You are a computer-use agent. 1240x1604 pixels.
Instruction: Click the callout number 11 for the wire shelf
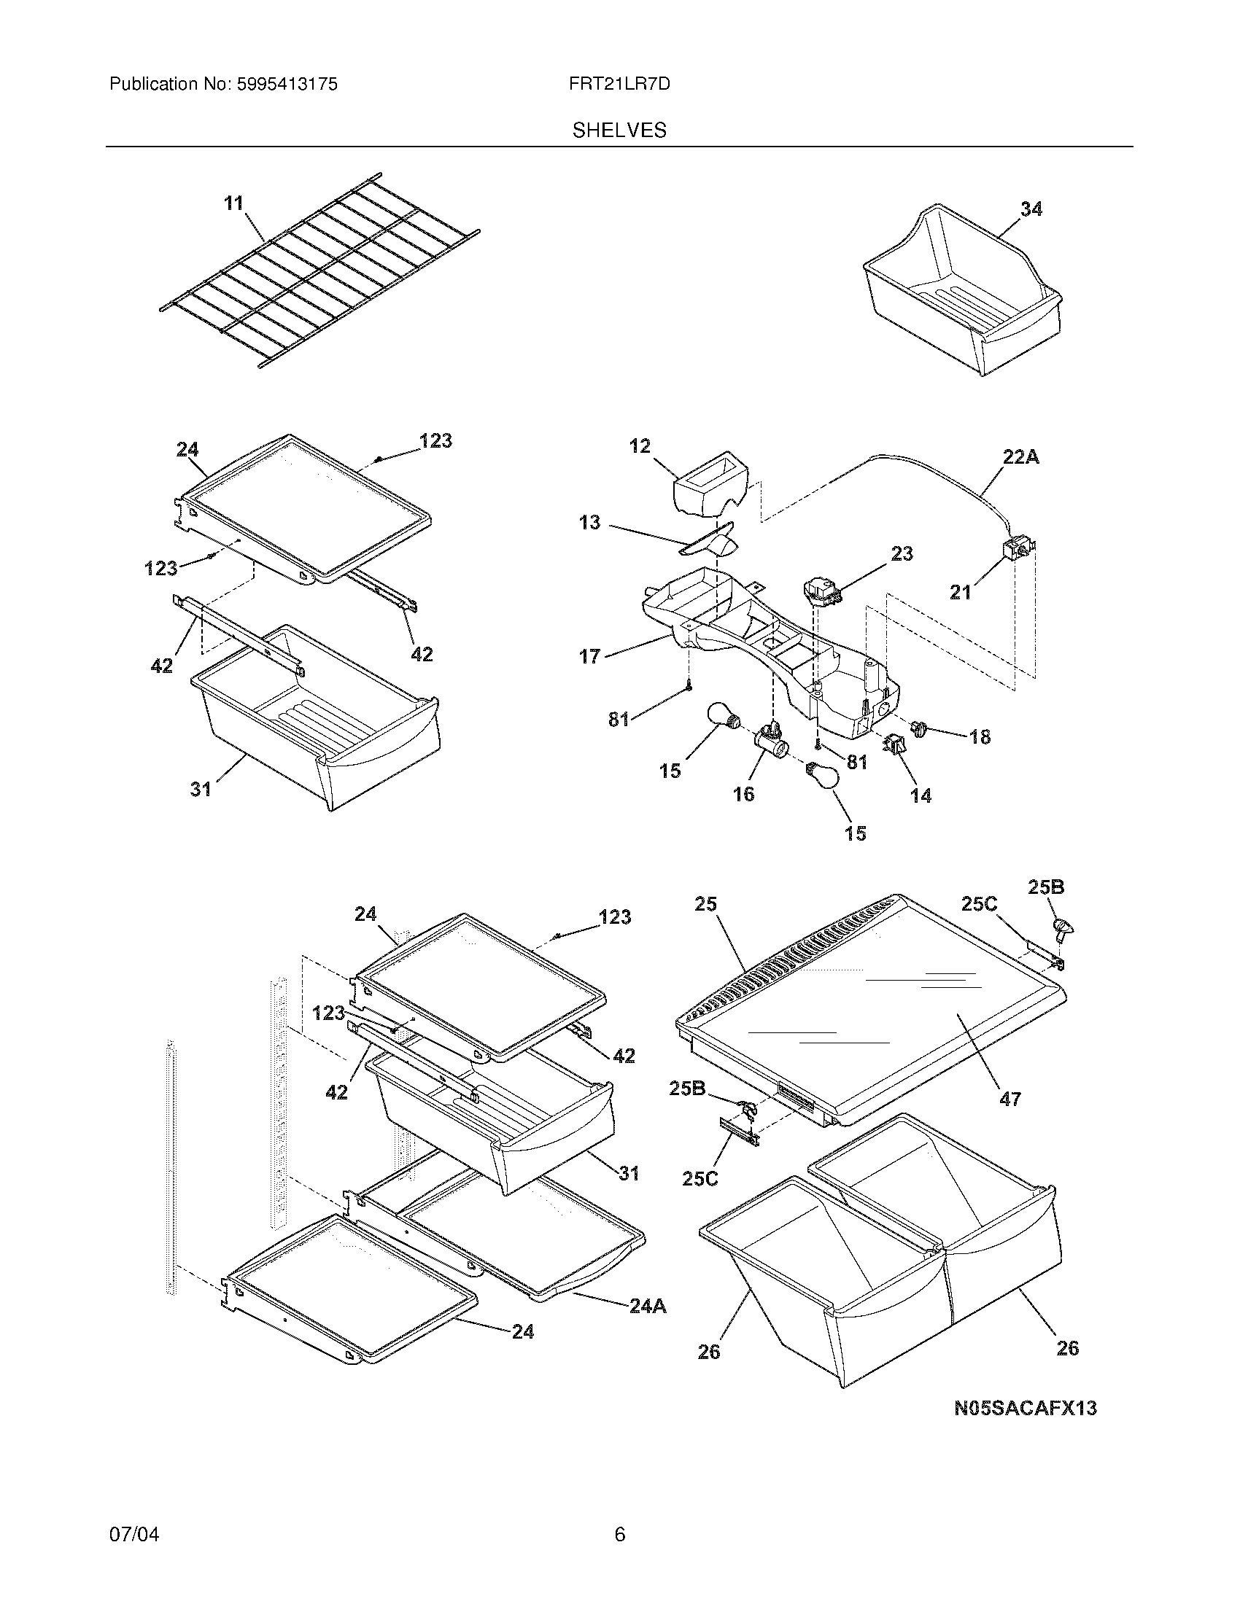point(233,203)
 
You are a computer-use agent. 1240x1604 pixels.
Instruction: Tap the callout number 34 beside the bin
point(1031,209)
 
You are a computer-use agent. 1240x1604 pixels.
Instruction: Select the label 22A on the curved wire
point(1020,457)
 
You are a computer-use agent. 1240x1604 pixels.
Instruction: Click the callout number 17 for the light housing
point(589,656)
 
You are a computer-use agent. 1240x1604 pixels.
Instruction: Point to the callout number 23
point(902,553)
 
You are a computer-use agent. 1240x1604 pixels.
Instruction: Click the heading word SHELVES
point(619,130)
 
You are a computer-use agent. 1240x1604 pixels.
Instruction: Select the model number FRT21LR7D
point(619,85)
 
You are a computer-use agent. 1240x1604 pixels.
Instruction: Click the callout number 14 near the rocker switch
point(921,795)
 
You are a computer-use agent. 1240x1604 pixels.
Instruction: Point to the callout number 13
point(589,523)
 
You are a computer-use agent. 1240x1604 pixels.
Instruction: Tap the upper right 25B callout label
point(1045,887)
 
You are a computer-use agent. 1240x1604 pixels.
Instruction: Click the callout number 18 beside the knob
point(979,736)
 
